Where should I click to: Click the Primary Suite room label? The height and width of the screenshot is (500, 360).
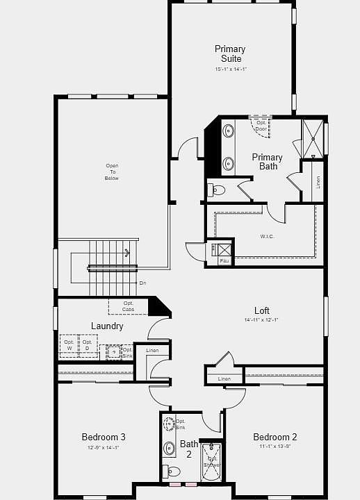[x=230, y=53]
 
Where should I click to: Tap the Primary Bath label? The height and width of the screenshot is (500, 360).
[x=267, y=162]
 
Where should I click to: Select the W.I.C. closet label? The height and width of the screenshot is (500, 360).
[x=267, y=236]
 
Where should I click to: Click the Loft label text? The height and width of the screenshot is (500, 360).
[x=261, y=310]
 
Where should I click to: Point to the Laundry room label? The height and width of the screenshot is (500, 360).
[x=107, y=326]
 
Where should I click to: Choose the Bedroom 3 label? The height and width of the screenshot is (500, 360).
[x=104, y=437]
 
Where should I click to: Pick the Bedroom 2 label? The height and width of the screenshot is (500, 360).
[x=275, y=437]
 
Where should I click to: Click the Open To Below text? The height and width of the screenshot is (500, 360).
[x=112, y=172]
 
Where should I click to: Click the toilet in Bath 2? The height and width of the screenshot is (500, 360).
[x=172, y=472]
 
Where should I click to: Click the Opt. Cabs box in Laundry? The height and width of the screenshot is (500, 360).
[x=129, y=306]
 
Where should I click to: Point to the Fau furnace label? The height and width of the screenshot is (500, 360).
[x=224, y=261]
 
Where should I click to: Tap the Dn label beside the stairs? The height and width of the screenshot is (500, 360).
[x=142, y=283]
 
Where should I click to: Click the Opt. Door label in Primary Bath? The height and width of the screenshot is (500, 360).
[x=261, y=126]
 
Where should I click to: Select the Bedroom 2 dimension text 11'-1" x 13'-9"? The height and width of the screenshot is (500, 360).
[x=275, y=447]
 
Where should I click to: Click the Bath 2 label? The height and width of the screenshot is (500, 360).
[x=189, y=449]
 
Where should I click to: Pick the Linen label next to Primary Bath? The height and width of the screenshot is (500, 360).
[x=318, y=182]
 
